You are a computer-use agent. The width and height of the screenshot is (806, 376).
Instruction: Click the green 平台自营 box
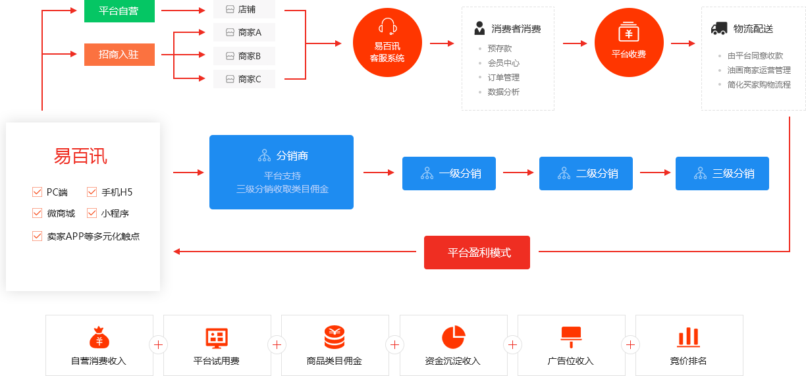point(119,11)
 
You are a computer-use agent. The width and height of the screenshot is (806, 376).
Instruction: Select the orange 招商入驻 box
point(119,55)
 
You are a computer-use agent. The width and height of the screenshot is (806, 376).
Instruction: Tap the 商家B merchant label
point(244,56)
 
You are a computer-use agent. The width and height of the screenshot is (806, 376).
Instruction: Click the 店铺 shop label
point(244,10)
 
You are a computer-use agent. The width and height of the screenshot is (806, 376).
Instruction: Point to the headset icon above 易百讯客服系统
point(387,26)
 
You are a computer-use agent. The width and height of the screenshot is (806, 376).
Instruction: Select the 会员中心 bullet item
point(503,63)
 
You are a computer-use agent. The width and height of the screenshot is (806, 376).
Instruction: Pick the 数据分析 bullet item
point(503,92)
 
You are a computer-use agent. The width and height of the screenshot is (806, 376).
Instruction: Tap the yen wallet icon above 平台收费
point(628,32)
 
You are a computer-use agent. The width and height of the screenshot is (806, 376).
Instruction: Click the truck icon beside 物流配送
point(719,29)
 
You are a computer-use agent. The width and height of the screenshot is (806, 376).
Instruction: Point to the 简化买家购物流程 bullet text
point(759,85)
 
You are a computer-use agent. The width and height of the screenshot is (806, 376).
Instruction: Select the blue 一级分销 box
point(450,173)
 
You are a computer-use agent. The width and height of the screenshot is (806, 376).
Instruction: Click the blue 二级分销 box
point(586,173)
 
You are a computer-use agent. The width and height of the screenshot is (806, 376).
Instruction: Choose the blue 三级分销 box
point(722,173)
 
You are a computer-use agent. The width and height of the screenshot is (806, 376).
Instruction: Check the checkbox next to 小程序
point(92,213)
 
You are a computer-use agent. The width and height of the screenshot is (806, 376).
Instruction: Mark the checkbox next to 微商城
point(37,213)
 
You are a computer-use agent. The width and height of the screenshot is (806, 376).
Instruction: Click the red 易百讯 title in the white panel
point(80,157)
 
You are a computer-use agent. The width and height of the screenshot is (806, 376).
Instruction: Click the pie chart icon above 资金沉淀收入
point(453,337)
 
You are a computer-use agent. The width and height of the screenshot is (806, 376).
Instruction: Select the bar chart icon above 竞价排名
point(688,337)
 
